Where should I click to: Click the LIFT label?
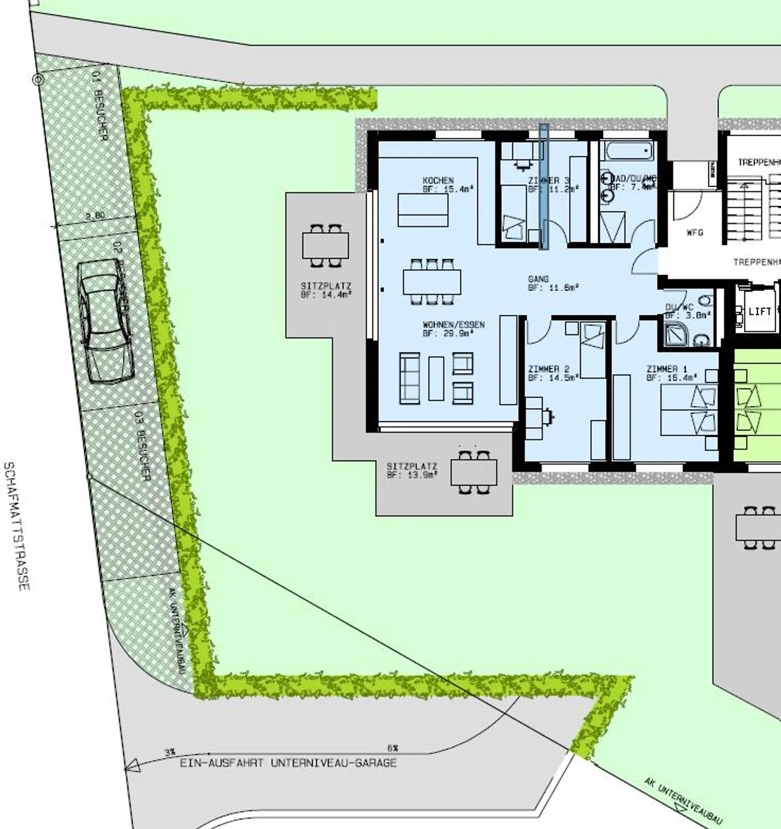click(759, 311)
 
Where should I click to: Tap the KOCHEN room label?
click(438, 180)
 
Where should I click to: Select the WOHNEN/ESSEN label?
click(453, 325)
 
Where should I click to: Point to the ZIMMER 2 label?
click(548, 369)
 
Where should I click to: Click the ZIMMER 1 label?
click(667, 369)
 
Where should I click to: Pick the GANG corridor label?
click(538, 279)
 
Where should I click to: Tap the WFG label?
click(695, 232)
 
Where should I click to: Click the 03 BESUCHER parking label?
click(143, 446)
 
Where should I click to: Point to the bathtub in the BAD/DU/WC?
click(629, 151)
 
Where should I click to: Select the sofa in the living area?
click(409, 378)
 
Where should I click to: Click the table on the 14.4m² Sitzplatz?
click(325, 246)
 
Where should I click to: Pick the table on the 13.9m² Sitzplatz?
click(473, 472)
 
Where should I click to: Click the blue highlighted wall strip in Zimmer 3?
click(543, 186)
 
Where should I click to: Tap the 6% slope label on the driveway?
click(393, 748)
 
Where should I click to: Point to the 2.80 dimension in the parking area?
click(95, 215)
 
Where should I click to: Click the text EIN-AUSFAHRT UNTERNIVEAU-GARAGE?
click(288, 763)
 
